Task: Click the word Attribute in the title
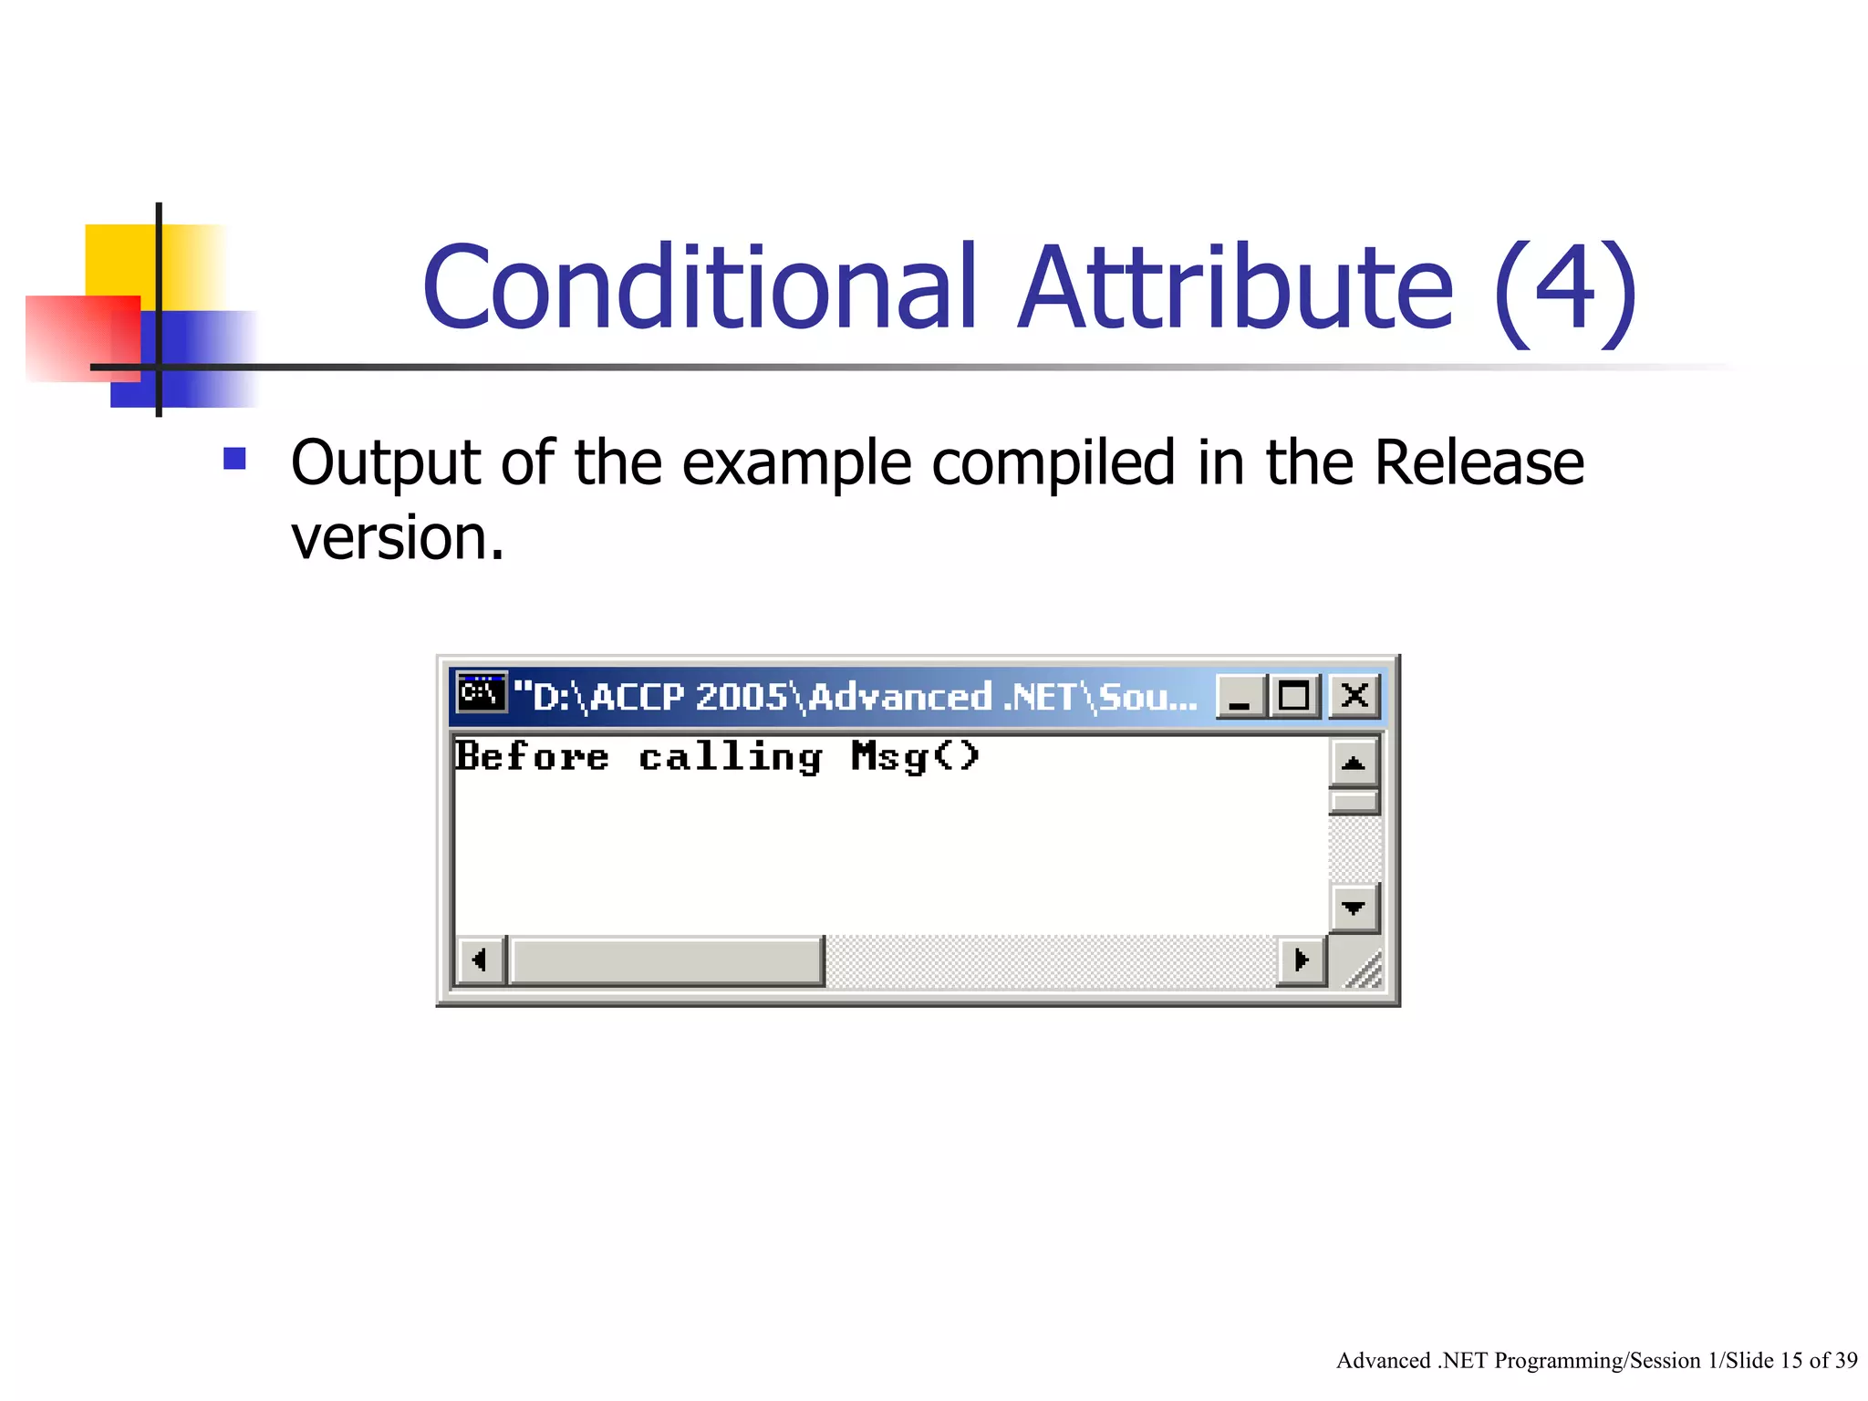1235,287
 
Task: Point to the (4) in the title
1565,290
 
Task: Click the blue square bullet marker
234,458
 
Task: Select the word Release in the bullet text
1478,462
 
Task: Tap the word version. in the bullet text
397,537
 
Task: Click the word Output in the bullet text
384,462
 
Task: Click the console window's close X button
1354,696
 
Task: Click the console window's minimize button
1240,698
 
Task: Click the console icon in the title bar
481,694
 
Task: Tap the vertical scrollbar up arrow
1354,763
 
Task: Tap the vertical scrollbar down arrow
1354,908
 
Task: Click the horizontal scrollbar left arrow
479,960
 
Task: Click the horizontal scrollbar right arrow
1301,960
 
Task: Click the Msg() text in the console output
915,757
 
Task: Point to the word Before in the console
532,757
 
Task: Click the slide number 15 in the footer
1791,1361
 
